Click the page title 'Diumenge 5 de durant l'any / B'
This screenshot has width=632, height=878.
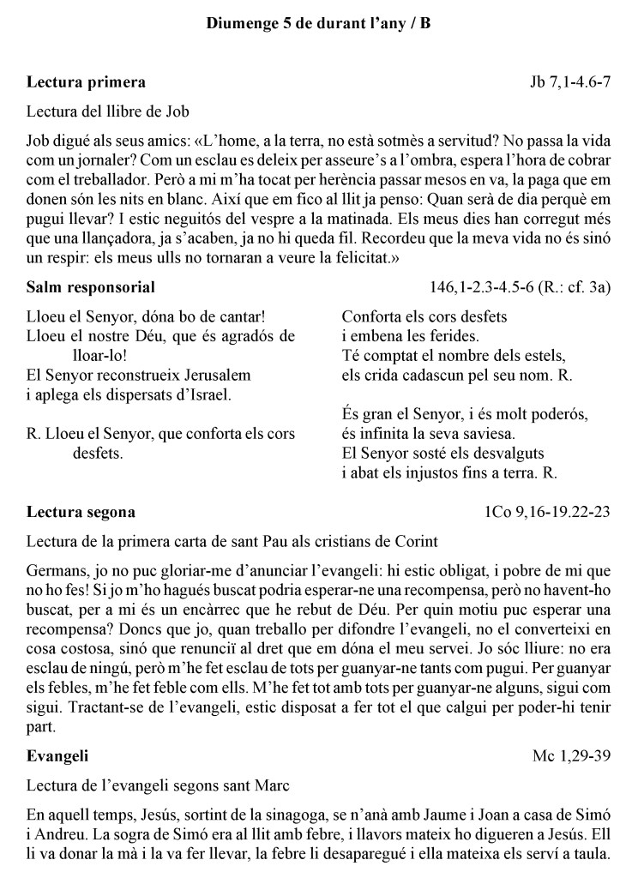point(318,25)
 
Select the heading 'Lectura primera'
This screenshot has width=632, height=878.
point(86,82)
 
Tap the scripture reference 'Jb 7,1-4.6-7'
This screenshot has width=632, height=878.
point(570,82)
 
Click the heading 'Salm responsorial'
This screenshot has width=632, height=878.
point(91,286)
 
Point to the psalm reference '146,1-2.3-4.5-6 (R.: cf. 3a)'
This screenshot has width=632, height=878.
point(520,286)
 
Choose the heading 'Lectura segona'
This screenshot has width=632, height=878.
point(81,513)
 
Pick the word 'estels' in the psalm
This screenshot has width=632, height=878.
point(547,355)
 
